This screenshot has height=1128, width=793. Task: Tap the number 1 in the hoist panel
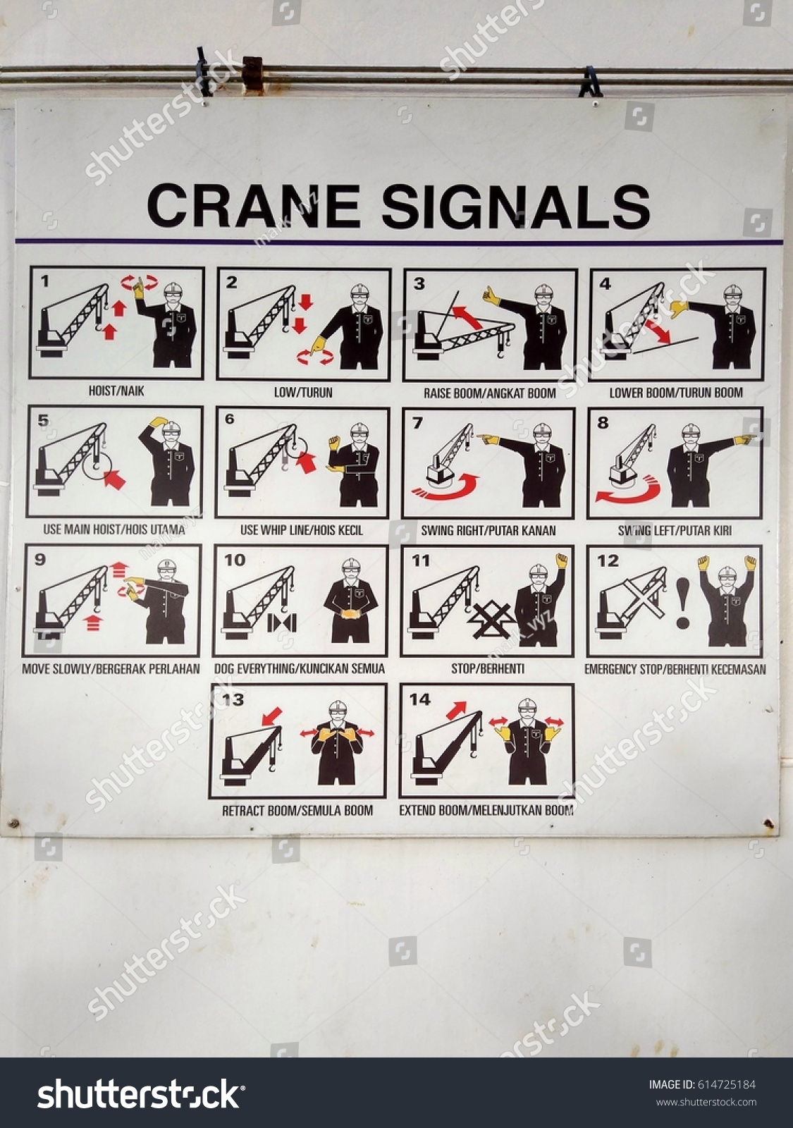coord(46,283)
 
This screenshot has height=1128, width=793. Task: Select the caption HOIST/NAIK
coord(116,391)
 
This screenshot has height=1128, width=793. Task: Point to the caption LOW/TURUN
coord(303,392)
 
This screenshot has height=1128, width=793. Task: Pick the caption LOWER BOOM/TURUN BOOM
coord(675,393)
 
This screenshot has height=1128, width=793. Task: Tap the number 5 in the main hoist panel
coord(44,421)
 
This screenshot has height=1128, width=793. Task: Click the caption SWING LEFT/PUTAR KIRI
coord(675,530)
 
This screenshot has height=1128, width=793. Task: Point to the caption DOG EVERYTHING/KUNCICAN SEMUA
coord(299,668)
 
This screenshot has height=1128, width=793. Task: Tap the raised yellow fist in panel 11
coord(562,562)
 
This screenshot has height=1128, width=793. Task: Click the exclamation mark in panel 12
coord(682,603)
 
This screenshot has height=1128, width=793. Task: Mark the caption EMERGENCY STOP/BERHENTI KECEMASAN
coord(675,669)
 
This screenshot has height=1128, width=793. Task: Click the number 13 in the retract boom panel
coord(233,699)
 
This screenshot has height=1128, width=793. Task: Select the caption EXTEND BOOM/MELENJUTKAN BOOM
coord(486,810)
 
